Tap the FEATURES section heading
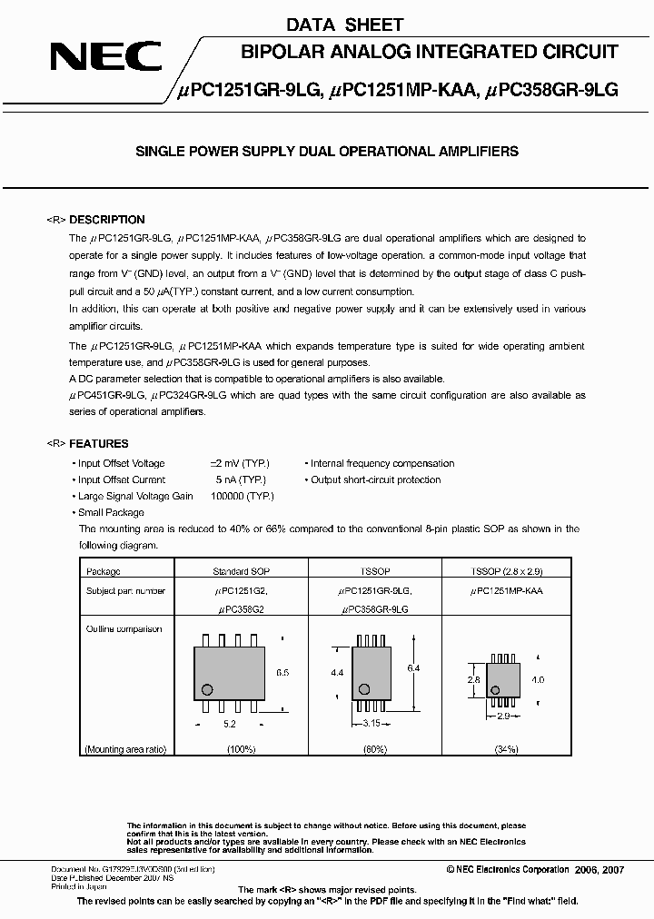click(x=99, y=444)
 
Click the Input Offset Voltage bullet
click(x=121, y=463)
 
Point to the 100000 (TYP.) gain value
click(x=242, y=497)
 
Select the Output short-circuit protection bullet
click(x=375, y=479)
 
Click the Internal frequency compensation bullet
click(x=381, y=463)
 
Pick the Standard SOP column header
click(x=241, y=572)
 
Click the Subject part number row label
click(x=125, y=590)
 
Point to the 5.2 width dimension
click(x=229, y=725)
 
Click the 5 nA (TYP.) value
click(x=240, y=479)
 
